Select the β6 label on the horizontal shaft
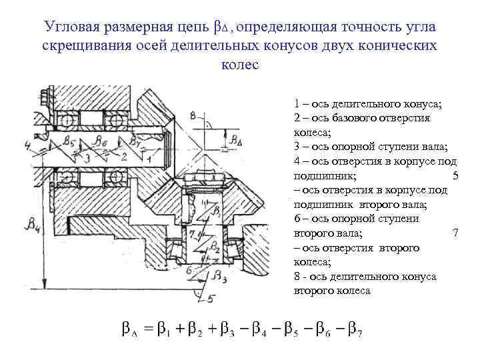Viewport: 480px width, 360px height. point(101,141)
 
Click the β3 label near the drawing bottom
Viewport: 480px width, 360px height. point(217,275)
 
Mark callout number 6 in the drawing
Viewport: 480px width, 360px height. point(189,269)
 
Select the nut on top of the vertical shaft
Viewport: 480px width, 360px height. point(204,176)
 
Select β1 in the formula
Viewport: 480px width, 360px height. point(169,330)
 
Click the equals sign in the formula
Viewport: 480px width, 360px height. point(148,329)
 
